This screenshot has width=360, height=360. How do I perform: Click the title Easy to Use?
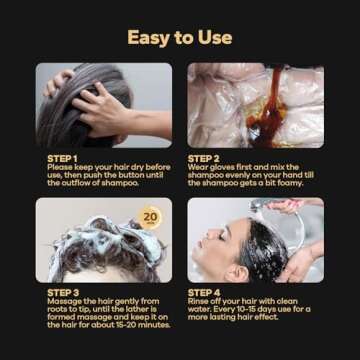click(180, 37)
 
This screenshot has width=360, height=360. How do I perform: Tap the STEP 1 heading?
click(63, 157)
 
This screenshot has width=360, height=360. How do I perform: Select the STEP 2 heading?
click(205, 157)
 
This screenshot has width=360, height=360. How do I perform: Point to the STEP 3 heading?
click(63, 292)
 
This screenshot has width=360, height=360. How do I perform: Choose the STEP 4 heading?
click(205, 292)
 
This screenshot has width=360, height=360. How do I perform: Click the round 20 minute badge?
click(150, 216)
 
